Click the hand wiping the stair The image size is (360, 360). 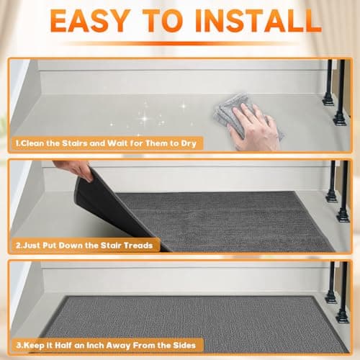click(256, 124)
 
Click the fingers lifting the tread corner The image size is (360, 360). click(72, 171)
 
